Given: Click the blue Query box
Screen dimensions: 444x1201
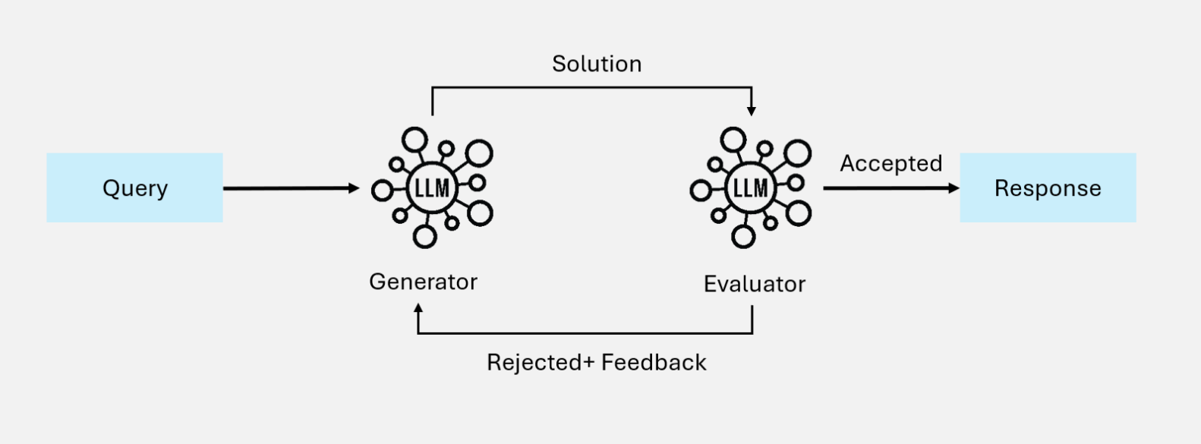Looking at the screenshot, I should click(134, 187).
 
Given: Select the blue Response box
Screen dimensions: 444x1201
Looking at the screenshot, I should click(1048, 187).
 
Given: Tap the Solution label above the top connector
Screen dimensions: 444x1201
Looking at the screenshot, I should click(597, 64).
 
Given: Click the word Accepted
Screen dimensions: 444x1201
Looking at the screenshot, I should click(891, 163).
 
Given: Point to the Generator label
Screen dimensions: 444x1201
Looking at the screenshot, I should click(423, 282).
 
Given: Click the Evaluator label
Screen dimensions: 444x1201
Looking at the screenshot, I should click(754, 284).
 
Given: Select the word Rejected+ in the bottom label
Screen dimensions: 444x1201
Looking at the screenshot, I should click(540, 362).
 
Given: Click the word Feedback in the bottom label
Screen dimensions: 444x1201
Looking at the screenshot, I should click(654, 362).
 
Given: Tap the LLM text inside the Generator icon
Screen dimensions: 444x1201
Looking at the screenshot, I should click(432, 188).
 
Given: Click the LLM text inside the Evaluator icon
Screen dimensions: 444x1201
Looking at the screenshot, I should click(750, 188).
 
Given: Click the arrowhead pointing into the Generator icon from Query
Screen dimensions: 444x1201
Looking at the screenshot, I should click(354, 188).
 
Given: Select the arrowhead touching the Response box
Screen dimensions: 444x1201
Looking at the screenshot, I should click(954, 188).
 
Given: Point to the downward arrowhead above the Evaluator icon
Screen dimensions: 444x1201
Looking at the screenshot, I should click(752, 111).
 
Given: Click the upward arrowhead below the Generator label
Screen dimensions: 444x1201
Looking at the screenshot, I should click(418, 308).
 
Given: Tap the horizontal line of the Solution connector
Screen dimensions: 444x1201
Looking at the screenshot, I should click(592, 88).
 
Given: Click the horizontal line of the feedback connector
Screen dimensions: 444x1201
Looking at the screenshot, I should click(585, 333).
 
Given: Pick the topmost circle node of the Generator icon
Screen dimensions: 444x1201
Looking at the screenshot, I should click(415, 140).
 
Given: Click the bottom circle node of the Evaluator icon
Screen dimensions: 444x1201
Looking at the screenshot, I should click(743, 236).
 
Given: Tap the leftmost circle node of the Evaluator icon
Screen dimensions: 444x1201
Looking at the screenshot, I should click(700, 190).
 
